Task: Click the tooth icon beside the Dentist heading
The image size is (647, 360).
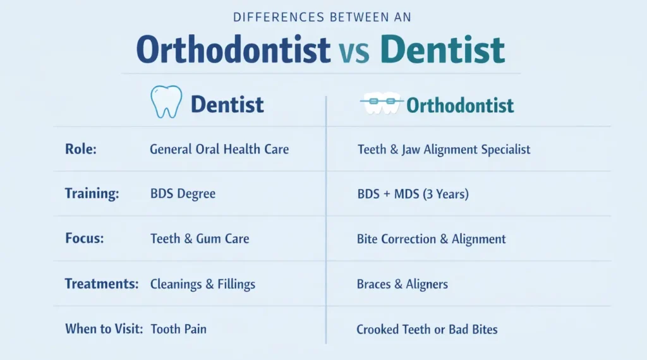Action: point(165,103)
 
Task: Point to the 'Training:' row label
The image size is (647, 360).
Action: point(92,194)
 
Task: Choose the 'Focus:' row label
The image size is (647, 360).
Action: point(85,239)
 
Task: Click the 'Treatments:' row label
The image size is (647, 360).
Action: point(102,284)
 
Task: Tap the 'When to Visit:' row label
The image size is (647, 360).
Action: point(104,328)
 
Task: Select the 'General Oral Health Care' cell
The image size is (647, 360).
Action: point(219,150)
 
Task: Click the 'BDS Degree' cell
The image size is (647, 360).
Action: point(183,194)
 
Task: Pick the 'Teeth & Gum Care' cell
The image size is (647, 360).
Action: point(200,239)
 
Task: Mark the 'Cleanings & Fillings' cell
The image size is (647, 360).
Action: point(203,284)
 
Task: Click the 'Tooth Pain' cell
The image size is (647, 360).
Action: point(178,329)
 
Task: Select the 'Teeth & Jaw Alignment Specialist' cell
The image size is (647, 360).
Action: point(444,150)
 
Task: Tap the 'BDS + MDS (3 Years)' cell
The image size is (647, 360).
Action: point(413,194)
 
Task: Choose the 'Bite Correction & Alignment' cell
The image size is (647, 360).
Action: point(431,239)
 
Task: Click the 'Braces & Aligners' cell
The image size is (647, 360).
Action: point(402,284)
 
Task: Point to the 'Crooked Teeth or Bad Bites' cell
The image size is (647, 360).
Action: point(427,329)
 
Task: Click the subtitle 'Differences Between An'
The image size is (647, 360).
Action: point(323,17)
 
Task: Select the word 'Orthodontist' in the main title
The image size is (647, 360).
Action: point(233,50)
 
